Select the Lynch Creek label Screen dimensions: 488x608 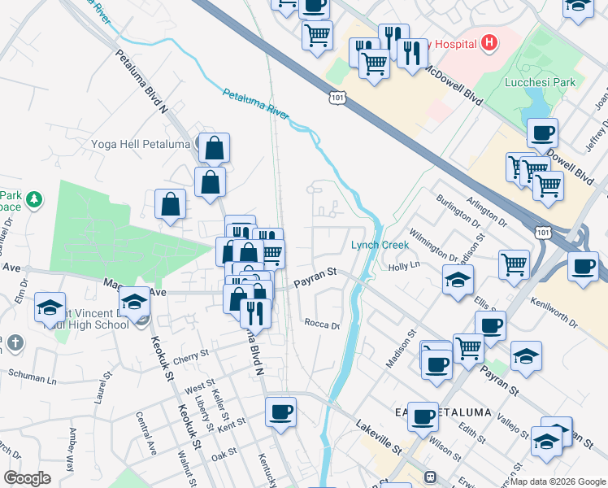[376, 245]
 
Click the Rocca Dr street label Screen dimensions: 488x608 [321, 324]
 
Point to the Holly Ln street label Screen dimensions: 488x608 [403, 267]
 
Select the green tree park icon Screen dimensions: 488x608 [33, 198]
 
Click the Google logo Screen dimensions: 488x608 [27, 477]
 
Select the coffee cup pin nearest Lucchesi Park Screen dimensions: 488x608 [542, 133]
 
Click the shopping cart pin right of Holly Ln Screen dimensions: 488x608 [514, 264]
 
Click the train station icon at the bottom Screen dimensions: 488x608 [430, 477]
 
